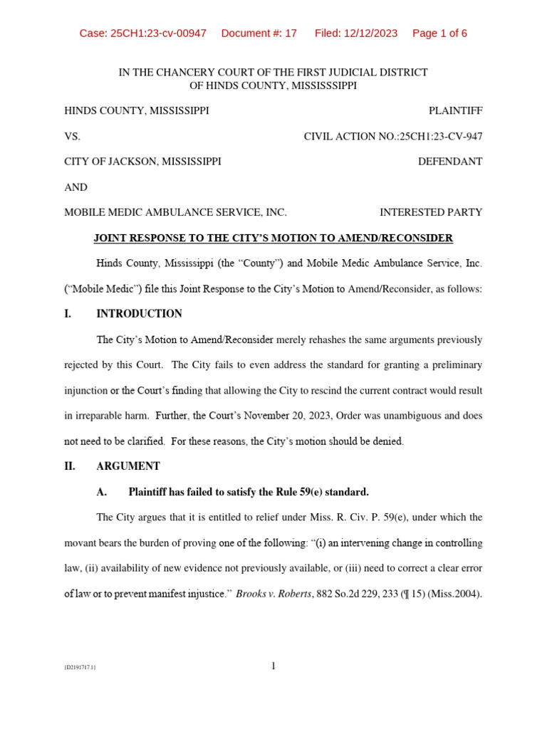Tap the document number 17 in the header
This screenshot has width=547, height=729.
[290, 33]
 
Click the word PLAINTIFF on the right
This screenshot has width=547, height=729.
[455, 111]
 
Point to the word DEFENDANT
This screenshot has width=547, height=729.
[449, 162]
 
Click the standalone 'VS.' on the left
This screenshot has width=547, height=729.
[73, 136]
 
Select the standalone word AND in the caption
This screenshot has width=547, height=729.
[75, 187]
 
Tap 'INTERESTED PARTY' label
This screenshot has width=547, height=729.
[430, 212]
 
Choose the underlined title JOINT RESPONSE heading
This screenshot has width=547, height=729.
[273, 238]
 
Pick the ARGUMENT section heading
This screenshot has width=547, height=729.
[128, 466]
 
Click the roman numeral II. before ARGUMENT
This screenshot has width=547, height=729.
[71, 466]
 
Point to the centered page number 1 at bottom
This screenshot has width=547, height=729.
[273, 666]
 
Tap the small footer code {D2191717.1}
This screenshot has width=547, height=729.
[80, 668]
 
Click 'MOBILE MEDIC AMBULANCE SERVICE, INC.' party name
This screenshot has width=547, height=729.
[175, 212]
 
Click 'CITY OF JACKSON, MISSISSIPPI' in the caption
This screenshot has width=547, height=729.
[142, 162]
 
